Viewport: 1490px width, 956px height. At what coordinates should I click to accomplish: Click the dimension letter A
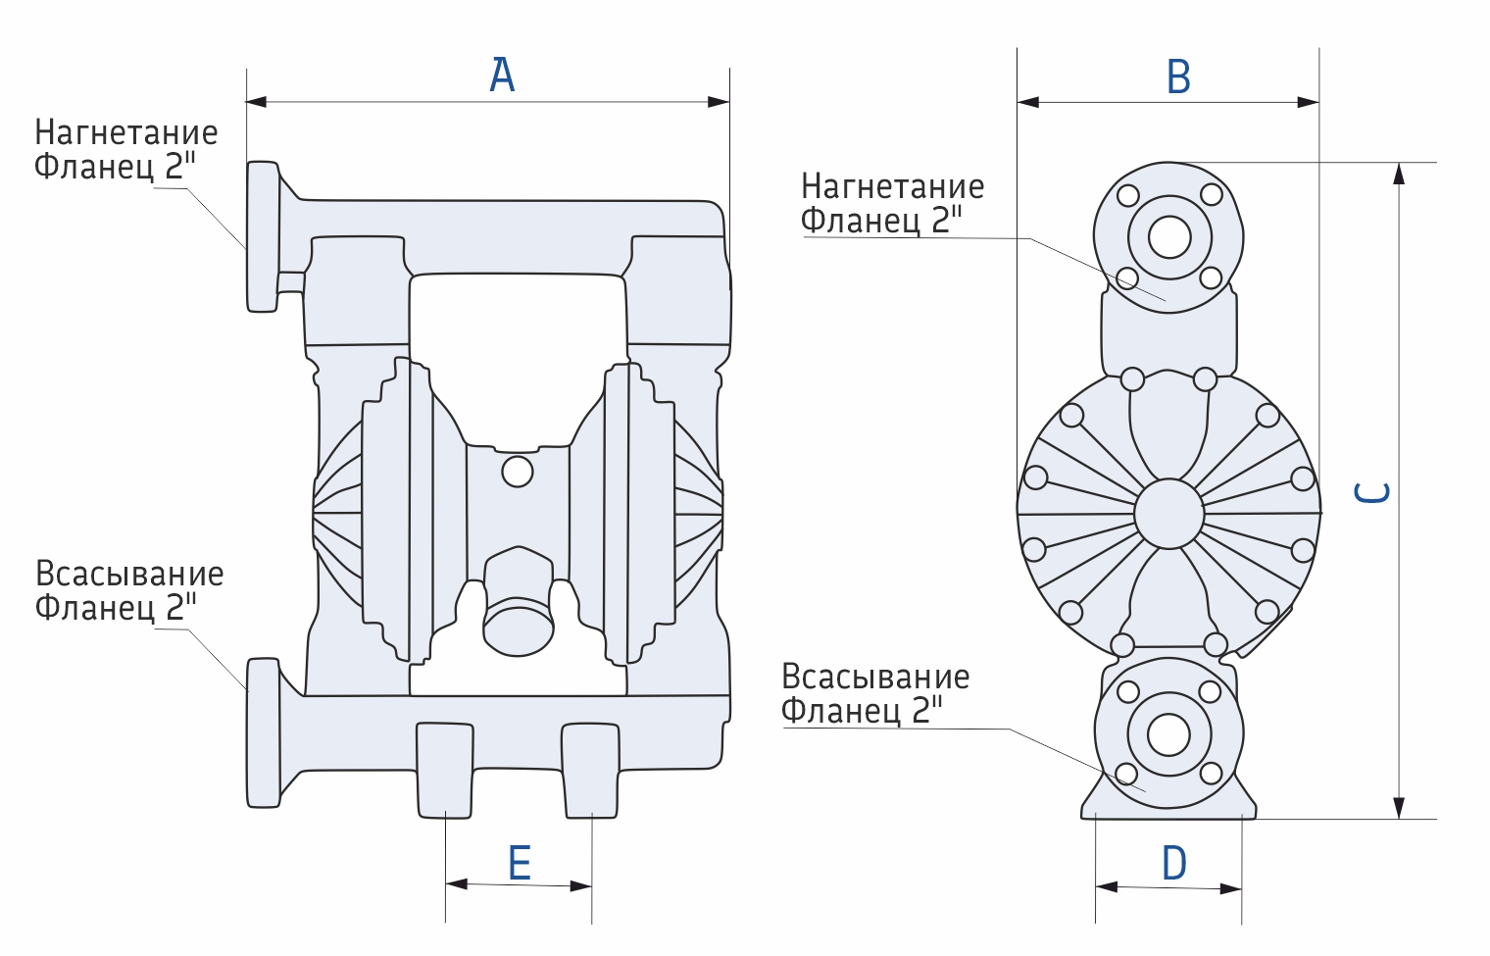[502, 75]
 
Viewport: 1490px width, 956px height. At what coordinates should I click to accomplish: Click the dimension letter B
[1178, 76]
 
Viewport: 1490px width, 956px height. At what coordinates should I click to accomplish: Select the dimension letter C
[1371, 492]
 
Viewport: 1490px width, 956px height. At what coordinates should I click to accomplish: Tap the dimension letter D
[1174, 864]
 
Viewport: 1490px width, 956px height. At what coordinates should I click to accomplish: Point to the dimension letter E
[520, 863]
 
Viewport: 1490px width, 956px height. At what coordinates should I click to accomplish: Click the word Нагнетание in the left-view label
[126, 132]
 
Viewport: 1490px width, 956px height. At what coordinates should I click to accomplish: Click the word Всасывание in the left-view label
[129, 574]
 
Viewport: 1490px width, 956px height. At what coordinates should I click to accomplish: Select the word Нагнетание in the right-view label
[893, 186]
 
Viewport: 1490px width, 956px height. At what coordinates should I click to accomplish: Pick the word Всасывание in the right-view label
[875, 677]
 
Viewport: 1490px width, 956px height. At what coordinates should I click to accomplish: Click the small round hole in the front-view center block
[517, 472]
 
